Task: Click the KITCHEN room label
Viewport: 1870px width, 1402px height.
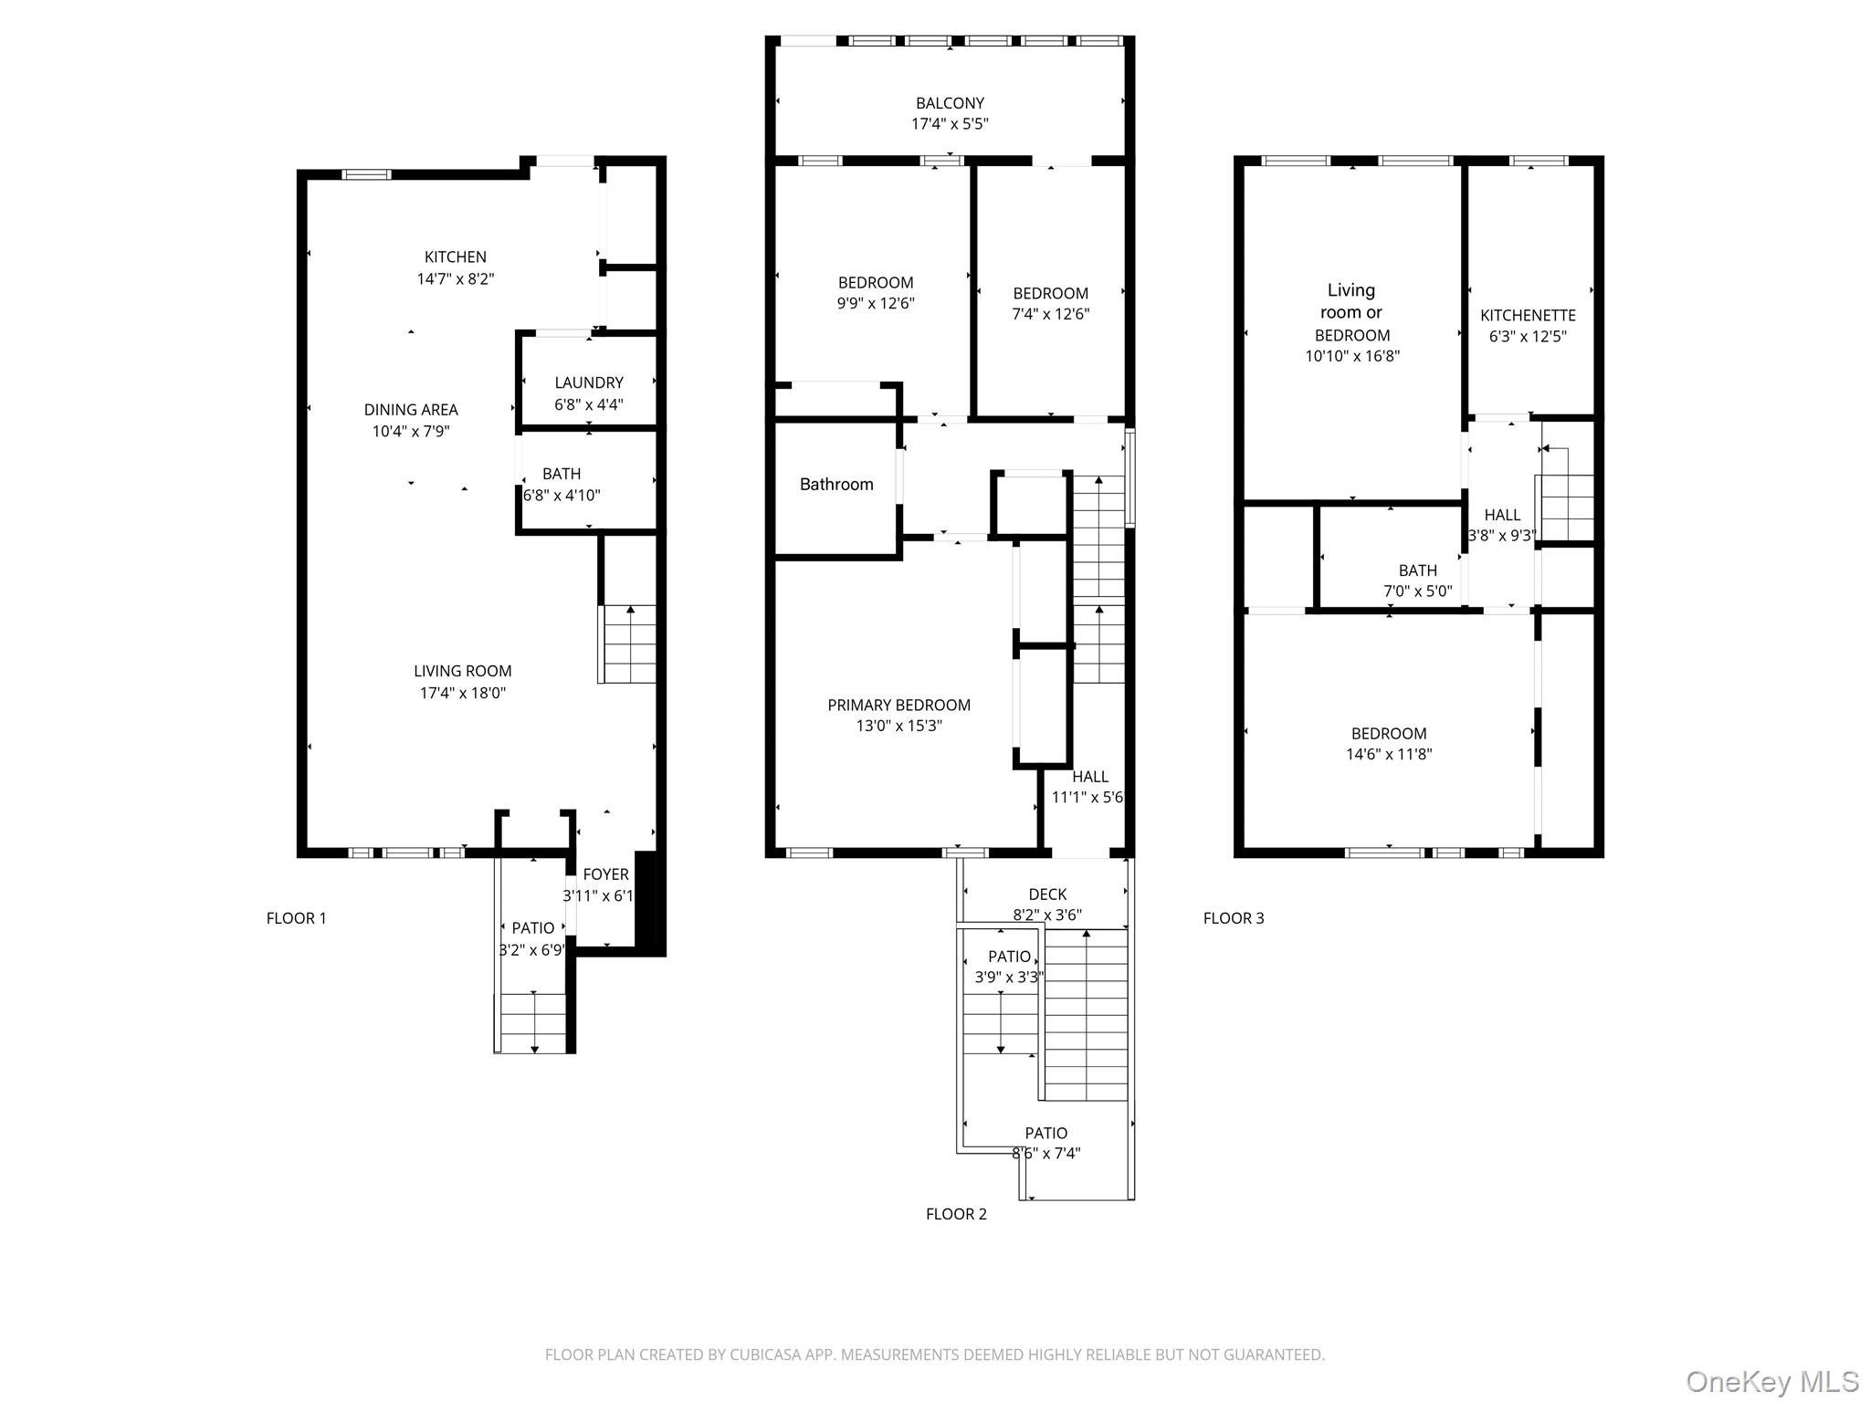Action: [x=455, y=257]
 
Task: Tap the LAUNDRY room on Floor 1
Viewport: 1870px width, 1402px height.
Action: [x=589, y=383]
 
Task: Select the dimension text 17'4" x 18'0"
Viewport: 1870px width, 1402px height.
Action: [x=462, y=693]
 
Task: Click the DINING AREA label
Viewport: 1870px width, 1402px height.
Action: [x=411, y=410]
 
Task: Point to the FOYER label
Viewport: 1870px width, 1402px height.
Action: [x=605, y=874]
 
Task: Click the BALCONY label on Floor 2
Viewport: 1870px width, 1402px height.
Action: [x=950, y=103]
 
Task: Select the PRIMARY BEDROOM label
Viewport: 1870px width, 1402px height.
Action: [x=898, y=705]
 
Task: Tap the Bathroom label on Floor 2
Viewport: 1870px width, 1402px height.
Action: [x=836, y=485]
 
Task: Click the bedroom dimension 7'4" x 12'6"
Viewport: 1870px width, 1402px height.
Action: [x=1050, y=314]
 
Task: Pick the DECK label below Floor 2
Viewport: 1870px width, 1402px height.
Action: [x=1046, y=895]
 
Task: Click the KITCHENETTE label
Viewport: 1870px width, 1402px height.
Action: [x=1528, y=316]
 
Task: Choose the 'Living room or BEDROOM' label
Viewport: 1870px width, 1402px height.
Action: [x=1351, y=312]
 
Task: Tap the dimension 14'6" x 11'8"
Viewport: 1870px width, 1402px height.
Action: [x=1389, y=755]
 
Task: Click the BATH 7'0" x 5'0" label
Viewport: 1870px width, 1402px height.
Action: [x=1417, y=581]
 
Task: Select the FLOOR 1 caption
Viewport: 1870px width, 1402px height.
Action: [x=296, y=918]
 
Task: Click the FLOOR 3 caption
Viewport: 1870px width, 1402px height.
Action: [x=1233, y=918]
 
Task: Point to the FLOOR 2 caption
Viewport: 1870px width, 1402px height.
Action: [x=956, y=1214]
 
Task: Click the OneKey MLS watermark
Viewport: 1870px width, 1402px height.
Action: [x=1771, y=1382]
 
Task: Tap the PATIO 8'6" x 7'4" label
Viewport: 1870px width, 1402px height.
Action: [x=1045, y=1143]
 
